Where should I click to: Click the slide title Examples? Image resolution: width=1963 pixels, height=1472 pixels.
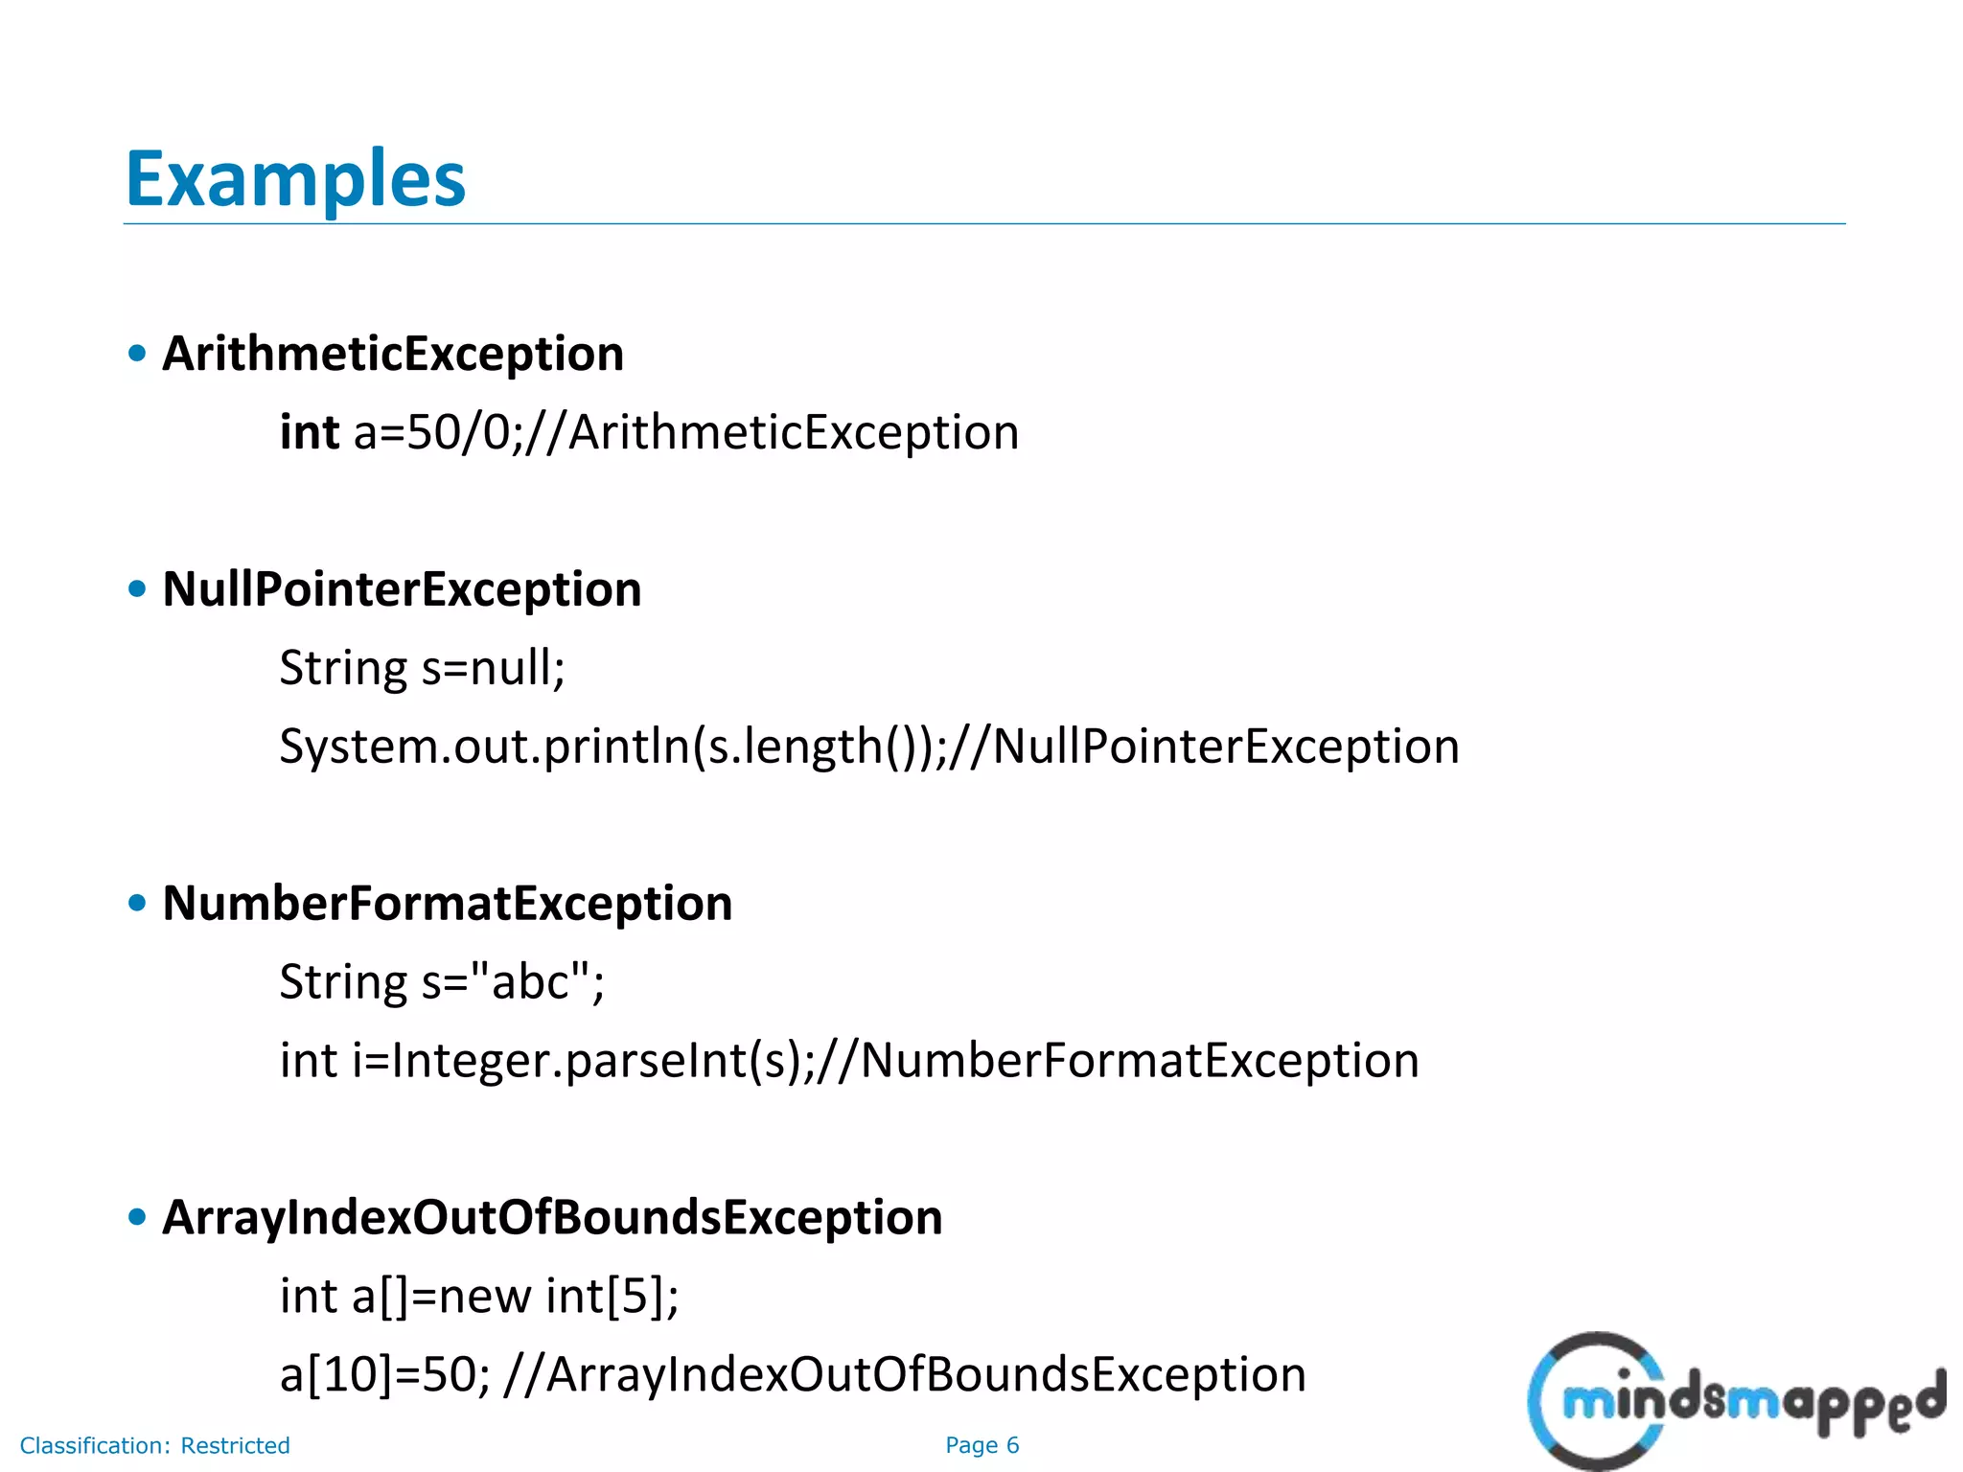click(x=295, y=179)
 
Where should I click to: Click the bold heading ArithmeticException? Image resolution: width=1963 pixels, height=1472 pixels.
click(x=393, y=354)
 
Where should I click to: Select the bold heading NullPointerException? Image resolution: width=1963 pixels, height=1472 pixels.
click(x=402, y=588)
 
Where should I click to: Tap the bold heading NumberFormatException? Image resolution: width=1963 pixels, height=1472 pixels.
click(x=447, y=903)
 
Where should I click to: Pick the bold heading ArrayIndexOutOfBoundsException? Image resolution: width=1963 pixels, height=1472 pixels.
click(x=552, y=1217)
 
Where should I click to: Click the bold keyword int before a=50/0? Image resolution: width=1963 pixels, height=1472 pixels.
click(x=309, y=432)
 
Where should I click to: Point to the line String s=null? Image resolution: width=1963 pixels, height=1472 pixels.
click(x=422, y=667)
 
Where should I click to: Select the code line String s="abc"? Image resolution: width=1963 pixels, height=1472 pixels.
click(x=442, y=981)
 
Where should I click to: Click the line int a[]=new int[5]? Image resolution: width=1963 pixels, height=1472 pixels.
click(x=479, y=1296)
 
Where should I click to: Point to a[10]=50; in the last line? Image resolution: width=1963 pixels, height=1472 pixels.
click(x=384, y=1374)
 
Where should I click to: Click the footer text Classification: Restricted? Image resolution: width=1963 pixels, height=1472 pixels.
click(x=154, y=1445)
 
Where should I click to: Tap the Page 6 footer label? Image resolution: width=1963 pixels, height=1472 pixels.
click(x=981, y=1445)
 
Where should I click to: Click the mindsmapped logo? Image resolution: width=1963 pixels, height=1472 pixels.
click(x=1735, y=1401)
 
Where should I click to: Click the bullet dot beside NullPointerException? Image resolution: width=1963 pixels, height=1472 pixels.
click(x=137, y=588)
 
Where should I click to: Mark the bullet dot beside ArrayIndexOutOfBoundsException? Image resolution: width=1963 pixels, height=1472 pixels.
click(x=137, y=1217)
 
